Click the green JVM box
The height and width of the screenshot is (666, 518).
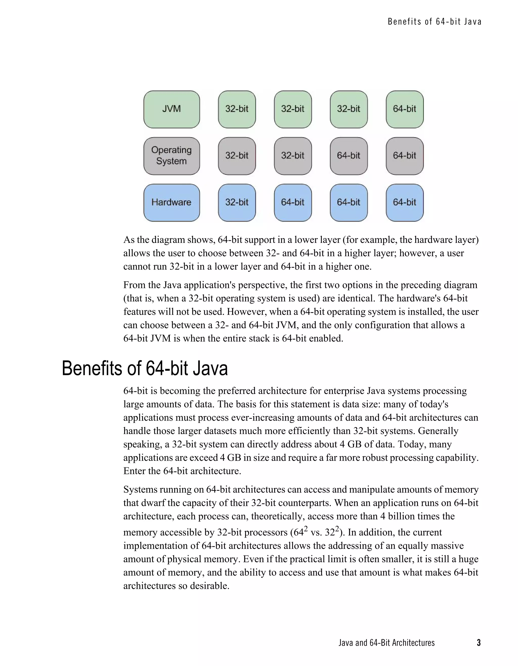(x=172, y=109)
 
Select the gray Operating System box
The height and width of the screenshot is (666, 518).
(x=172, y=156)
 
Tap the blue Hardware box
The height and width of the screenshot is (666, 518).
(x=172, y=203)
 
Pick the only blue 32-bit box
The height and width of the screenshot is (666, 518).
(x=237, y=203)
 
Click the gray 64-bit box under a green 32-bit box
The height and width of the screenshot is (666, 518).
(x=349, y=156)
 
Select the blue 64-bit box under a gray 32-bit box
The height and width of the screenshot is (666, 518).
(x=293, y=203)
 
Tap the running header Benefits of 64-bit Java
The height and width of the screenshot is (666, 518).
(x=434, y=22)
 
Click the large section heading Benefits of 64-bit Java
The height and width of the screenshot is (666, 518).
(x=145, y=368)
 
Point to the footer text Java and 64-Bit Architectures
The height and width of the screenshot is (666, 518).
(x=386, y=642)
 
